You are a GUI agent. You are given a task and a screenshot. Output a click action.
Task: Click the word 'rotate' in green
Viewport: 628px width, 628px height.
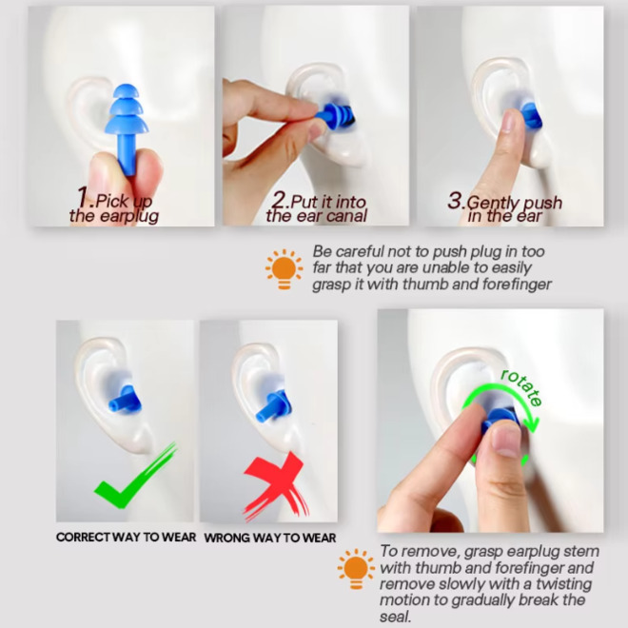tap(521, 386)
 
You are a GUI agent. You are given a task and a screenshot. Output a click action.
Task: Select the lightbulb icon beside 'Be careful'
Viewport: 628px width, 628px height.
tap(284, 269)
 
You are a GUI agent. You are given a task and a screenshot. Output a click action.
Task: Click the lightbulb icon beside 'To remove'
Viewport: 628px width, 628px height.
tap(356, 569)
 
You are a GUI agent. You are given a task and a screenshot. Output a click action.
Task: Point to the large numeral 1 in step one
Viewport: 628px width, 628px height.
tap(84, 197)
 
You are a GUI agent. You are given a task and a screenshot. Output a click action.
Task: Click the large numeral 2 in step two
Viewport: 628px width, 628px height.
tap(281, 199)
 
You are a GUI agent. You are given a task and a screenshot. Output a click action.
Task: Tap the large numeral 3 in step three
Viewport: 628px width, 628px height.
tap(455, 200)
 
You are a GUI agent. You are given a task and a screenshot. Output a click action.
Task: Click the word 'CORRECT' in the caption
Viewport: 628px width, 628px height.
tap(83, 537)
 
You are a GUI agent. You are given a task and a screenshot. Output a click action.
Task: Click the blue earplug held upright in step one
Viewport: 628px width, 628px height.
tap(127, 128)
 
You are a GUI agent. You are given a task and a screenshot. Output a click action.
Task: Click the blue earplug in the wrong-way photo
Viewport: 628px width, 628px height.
tap(272, 406)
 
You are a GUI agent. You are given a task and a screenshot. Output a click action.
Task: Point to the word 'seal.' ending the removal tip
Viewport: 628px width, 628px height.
tap(395, 617)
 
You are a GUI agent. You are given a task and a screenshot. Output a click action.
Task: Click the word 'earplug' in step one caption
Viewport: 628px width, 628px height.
tap(129, 217)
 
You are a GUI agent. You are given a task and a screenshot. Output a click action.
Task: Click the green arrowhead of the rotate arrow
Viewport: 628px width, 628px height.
tap(533, 423)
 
